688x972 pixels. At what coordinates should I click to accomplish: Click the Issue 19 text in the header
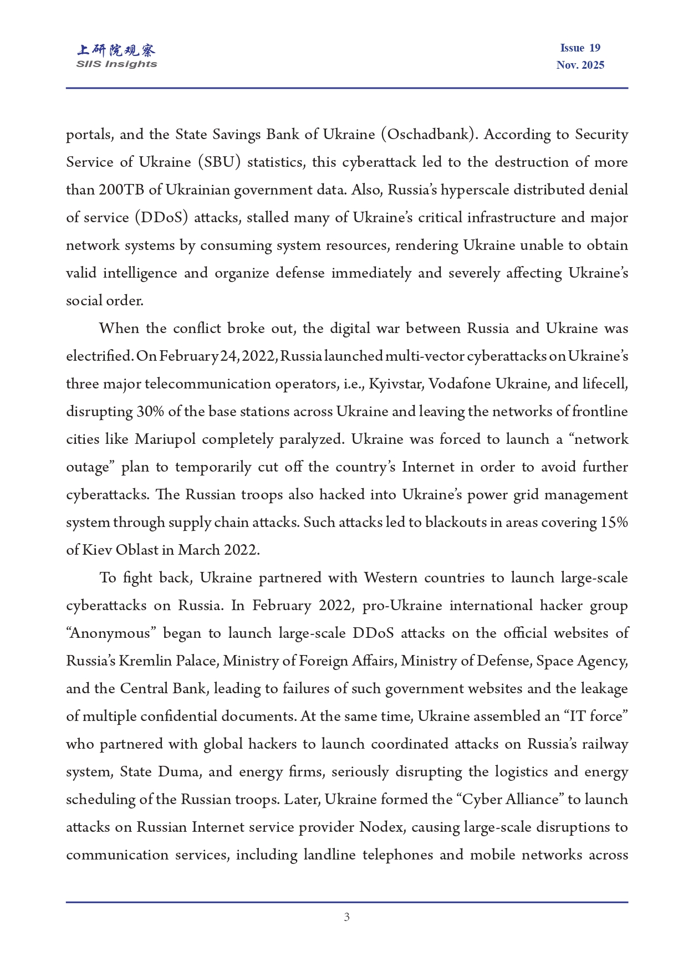[580, 48]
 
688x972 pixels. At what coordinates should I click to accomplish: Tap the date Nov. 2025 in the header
[580, 65]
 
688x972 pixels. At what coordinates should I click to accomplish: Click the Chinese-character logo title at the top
[116, 50]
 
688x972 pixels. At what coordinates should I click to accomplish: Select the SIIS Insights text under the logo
[116, 64]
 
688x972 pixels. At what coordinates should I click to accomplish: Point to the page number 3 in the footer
[346, 917]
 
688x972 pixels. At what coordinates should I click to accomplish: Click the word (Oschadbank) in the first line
[429, 135]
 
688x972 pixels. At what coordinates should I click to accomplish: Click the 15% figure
[614, 523]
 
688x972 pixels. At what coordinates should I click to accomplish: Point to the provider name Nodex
[381, 827]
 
